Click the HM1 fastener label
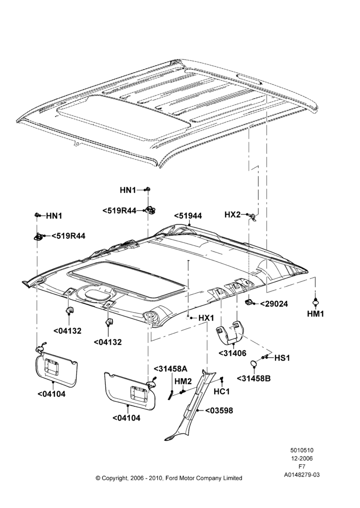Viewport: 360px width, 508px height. pos(315,313)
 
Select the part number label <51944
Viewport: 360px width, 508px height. pos(188,216)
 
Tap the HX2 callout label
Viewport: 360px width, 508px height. pos(232,214)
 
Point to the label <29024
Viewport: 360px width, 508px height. pos(274,304)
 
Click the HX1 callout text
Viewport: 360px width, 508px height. pos(206,318)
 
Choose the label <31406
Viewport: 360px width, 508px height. pos(232,353)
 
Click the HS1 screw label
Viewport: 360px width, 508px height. pos(282,358)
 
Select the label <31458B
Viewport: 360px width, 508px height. pos(254,378)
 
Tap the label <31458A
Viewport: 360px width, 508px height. pos(170,369)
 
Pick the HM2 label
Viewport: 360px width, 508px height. pos(183,382)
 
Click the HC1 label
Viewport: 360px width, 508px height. pos(222,392)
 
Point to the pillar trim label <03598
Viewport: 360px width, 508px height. pos(219,410)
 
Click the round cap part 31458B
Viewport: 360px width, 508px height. pos(254,364)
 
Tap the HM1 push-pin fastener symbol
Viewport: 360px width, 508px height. pos(315,301)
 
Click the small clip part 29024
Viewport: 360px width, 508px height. pos(249,302)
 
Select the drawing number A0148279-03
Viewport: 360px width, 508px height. pos(302,475)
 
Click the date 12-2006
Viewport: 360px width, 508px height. pos(302,458)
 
